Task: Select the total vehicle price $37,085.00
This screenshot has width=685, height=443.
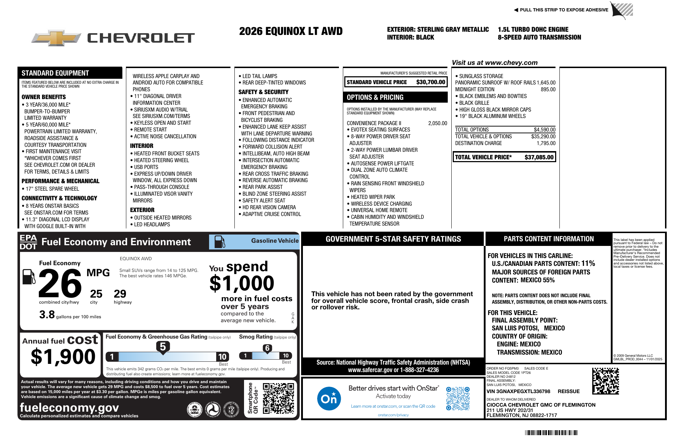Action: point(539,157)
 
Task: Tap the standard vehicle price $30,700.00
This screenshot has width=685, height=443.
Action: point(431,82)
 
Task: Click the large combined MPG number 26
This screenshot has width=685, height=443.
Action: point(60,283)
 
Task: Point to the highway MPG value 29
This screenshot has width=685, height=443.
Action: point(120,294)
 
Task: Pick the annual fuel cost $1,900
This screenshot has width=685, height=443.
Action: point(63,356)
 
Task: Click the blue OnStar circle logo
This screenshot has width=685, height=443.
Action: point(329,398)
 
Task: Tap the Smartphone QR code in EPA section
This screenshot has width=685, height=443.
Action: point(278,398)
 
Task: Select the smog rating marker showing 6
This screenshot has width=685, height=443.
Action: point(267,348)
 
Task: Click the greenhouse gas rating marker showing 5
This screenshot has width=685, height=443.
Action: point(163,347)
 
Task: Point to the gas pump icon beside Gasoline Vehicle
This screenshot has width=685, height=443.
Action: point(219,242)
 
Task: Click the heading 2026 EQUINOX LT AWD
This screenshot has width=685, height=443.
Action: point(291,31)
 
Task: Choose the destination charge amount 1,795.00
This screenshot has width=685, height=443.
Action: point(546,143)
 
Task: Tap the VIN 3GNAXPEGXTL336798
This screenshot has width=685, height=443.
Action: point(518,391)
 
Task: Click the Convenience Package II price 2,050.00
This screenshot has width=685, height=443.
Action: point(437,123)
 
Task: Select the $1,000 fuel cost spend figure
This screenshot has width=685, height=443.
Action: point(242,283)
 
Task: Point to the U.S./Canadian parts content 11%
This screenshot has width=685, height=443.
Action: point(588,263)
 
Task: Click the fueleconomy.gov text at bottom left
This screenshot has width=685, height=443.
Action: point(69,407)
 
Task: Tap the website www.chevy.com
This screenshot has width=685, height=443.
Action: point(511,63)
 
